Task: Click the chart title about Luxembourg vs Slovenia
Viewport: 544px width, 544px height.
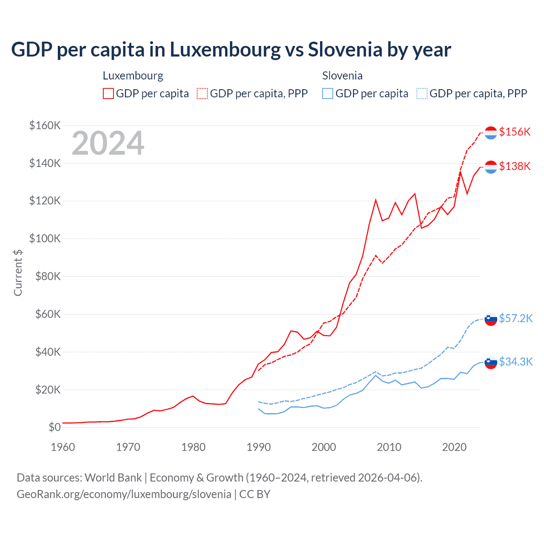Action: click(231, 50)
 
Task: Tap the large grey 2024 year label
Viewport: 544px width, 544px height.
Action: click(108, 143)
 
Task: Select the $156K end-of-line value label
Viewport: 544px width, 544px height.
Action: click(515, 132)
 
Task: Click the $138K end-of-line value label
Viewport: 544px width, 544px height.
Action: click(515, 166)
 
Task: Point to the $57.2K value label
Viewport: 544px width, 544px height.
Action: click(516, 318)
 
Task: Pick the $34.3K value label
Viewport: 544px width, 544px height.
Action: click(516, 362)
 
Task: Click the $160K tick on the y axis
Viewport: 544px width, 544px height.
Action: click(45, 125)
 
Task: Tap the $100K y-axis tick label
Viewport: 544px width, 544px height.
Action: click(45, 238)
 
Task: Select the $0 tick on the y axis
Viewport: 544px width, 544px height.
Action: click(54, 427)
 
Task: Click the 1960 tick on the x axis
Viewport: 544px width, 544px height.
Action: click(63, 447)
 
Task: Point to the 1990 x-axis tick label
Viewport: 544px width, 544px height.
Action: click(258, 447)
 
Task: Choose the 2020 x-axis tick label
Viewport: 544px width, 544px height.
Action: click(454, 447)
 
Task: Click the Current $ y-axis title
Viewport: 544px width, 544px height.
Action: click(18, 272)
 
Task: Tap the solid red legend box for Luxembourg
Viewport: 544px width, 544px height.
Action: click(108, 93)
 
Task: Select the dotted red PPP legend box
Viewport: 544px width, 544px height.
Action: click(202, 93)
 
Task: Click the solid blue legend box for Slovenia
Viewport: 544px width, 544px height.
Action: click(328, 93)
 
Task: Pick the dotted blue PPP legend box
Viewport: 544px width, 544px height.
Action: click(422, 93)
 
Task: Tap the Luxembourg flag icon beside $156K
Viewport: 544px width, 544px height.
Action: click(491, 133)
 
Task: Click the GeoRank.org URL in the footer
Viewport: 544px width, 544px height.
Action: click(124, 494)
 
